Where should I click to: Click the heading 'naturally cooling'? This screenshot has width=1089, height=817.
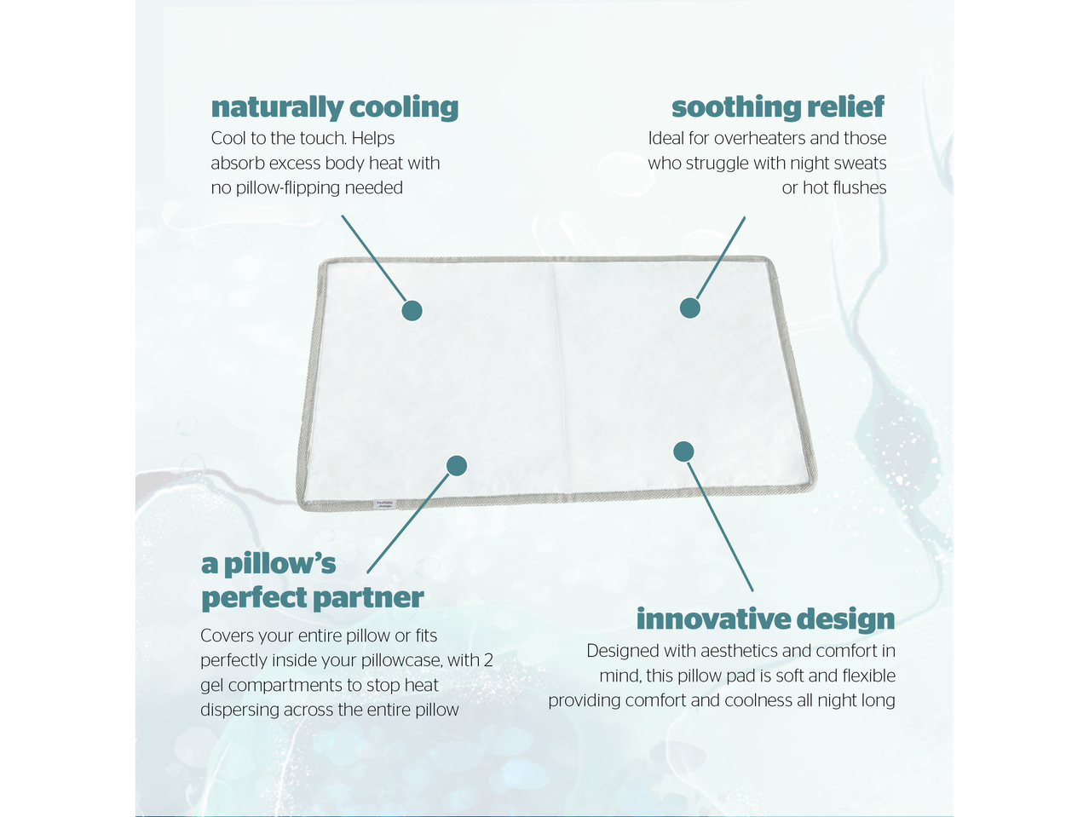334,107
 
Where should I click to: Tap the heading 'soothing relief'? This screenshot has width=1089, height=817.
777,107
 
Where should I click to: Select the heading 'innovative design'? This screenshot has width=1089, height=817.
765,619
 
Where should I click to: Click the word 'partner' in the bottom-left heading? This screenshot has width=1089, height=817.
368,597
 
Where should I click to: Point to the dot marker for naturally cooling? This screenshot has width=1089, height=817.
412,311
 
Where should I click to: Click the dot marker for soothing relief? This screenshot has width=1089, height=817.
689,308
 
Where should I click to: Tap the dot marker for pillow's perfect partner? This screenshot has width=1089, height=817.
457,465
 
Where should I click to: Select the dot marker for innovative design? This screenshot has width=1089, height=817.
683,452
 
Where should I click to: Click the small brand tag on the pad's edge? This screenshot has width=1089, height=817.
384,504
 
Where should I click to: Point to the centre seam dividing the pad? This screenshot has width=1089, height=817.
562,377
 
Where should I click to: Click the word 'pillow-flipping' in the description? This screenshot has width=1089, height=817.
288,188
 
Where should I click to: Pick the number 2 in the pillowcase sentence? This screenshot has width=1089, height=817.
488,660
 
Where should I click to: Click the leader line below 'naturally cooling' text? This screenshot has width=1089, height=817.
374,258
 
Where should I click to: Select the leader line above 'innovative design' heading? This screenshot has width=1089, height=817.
720,526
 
